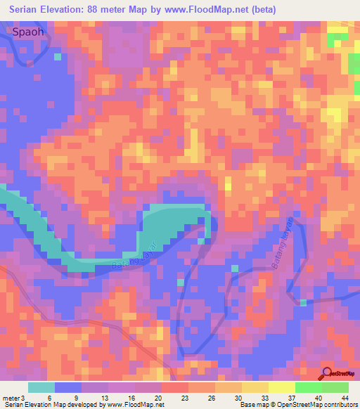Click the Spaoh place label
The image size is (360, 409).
click(x=32, y=32)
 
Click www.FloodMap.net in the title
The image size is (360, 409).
click(x=206, y=10)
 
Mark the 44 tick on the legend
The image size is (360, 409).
click(x=345, y=398)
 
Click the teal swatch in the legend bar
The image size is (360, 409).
click(x=41, y=387)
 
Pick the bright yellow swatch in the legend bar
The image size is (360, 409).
click(x=282, y=387)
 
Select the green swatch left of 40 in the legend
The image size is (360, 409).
click(x=309, y=387)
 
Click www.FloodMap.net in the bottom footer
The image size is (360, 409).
click(x=134, y=405)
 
